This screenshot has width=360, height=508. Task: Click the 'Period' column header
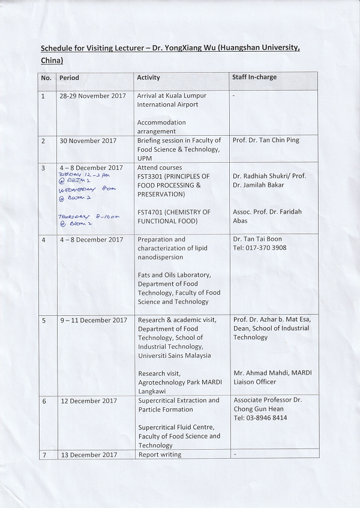click(x=69, y=78)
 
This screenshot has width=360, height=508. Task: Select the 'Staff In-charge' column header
click(x=254, y=77)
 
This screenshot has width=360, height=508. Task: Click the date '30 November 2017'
click(x=88, y=141)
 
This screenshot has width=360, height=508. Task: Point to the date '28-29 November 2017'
click(x=92, y=95)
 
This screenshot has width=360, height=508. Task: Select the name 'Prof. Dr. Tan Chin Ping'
click(x=265, y=141)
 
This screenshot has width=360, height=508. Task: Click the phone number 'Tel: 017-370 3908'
click(x=259, y=248)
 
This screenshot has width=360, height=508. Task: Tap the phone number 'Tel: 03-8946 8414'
click(x=260, y=418)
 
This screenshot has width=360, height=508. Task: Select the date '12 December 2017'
click(x=88, y=401)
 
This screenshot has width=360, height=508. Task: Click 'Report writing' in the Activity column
click(x=159, y=455)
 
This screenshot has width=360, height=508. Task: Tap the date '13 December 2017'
click(x=88, y=455)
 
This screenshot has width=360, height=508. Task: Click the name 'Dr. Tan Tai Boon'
click(x=257, y=239)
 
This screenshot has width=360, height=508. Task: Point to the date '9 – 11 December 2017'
click(x=93, y=320)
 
